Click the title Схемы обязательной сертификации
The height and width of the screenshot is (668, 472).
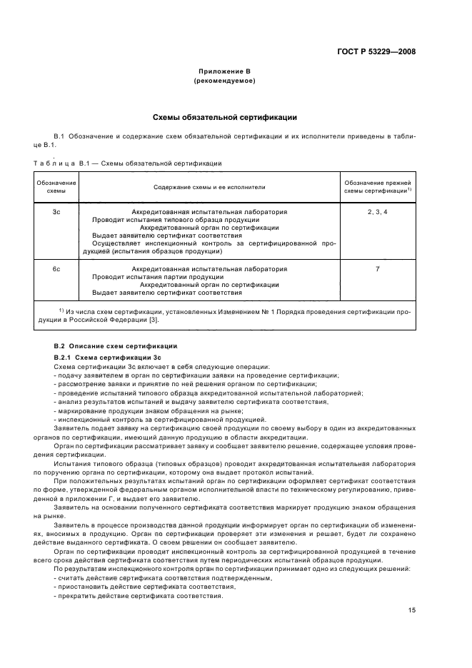pos(225,117)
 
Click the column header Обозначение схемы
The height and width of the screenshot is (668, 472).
pos(56,187)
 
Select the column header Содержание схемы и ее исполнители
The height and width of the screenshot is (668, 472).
pos(209,187)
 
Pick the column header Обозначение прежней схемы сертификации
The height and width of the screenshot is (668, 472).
pos(376,187)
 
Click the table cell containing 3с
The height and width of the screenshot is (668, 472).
pos(56,212)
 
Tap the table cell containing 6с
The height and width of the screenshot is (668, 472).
pos(56,269)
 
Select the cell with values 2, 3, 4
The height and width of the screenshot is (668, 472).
pos(376,212)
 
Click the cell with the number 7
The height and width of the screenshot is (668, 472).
pos(376,269)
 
